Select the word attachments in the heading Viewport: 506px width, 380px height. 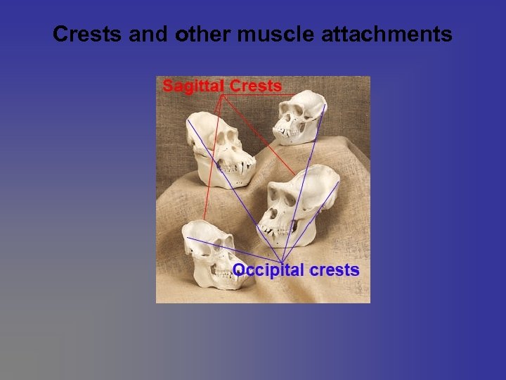tap(387, 34)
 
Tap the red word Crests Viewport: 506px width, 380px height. tap(256, 87)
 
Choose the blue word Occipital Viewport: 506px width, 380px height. tap(268, 270)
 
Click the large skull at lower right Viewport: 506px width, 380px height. tap(299, 204)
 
